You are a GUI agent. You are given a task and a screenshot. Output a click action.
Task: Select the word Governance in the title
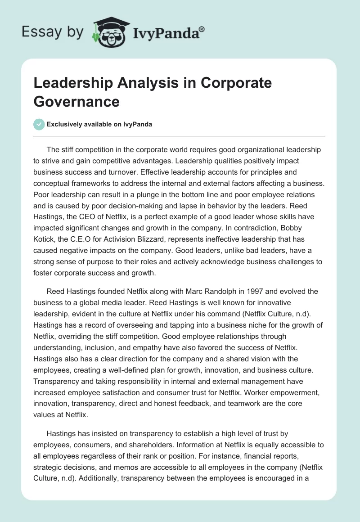tap(76, 101)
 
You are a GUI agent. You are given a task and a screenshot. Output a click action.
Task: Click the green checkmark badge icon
tap(39, 124)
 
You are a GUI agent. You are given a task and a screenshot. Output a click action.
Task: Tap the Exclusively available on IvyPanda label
tap(99, 125)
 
